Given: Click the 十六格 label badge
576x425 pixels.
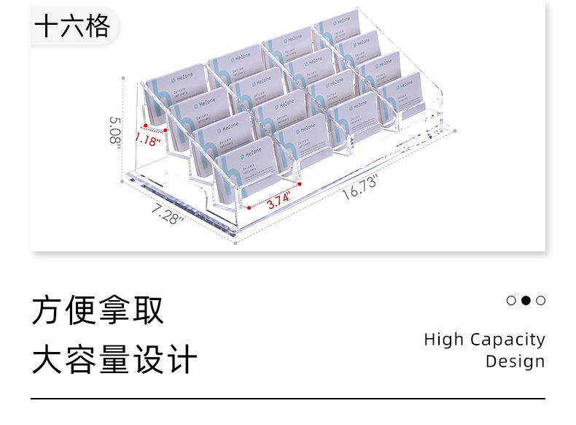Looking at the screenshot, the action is click(x=72, y=26).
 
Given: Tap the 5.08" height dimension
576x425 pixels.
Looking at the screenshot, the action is click(x=114, y=131).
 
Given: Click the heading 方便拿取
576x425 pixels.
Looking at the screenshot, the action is click(x=98, y=310).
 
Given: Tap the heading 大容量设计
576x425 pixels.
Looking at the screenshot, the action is click(x=114, y=360).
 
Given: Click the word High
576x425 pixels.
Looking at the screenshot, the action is click(x=444, y=340).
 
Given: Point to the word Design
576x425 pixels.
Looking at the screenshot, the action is click(x=515, y=361).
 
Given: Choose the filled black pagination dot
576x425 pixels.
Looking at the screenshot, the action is click(x=526, y=300).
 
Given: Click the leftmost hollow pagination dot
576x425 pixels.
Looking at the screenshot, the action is click(x=511, y=300).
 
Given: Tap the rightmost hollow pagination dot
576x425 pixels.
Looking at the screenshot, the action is click(x=540, y=300).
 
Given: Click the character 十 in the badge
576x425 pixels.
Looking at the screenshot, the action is click(x=47, y=26).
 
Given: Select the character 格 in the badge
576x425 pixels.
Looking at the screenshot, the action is click(x=98, y=26).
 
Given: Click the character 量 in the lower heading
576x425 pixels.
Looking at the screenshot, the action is click(x=114, y=360).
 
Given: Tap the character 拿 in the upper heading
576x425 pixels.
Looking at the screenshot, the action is click(x=114, y=310).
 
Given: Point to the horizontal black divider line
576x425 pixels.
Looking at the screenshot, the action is click(x=288, y=399).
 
